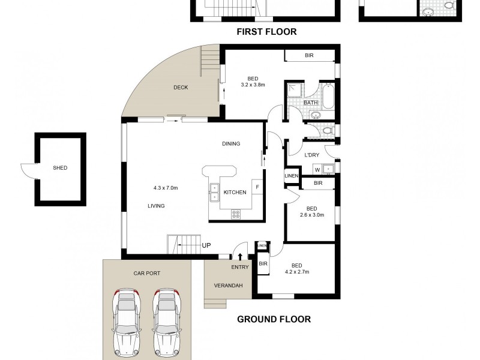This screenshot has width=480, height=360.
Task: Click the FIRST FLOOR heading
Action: point(266,32)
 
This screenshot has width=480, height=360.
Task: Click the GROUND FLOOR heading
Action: point(274,319)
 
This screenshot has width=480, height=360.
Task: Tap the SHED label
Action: point(60,168)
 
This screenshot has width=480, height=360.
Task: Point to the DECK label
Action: point(181,88)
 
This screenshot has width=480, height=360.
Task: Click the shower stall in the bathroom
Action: point(295,91)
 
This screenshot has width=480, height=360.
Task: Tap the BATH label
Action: point(310,103)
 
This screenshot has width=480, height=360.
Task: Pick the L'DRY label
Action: point(312,155)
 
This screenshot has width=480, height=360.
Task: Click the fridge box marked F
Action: point(257,187)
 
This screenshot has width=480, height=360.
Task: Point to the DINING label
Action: point(231,144)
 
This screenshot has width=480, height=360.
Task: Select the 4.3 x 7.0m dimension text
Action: point(166,188)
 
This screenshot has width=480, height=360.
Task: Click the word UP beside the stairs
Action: point(206,246)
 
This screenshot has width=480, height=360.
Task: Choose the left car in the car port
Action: point(127,322)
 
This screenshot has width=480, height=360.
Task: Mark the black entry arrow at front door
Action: point(241,257)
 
